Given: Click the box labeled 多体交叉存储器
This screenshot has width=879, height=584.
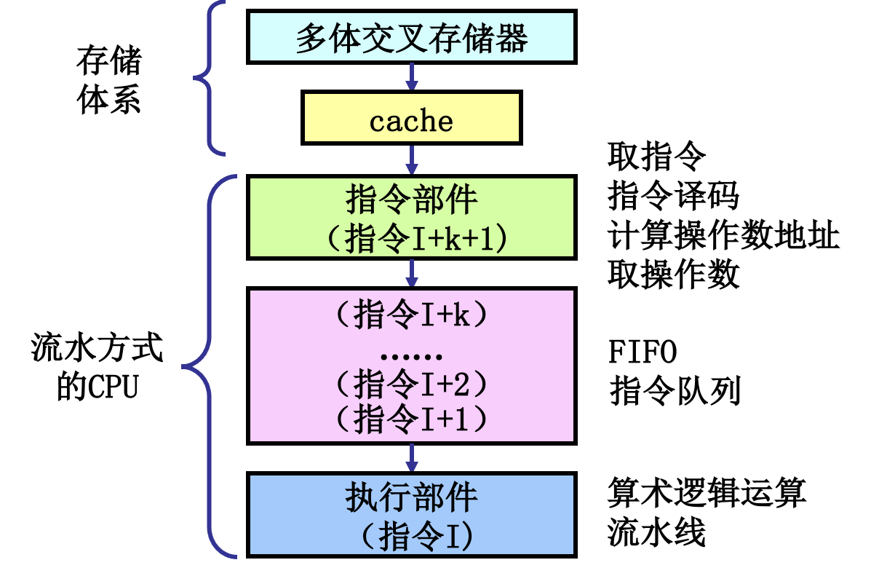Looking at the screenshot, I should (x=412, y=36).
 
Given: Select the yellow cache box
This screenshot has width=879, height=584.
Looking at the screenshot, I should (x=412, y=119).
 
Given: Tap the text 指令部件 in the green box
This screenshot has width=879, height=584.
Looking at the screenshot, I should (x=412, y=197).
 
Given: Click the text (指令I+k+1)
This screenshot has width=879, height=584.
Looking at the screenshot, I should (x=412, y=238).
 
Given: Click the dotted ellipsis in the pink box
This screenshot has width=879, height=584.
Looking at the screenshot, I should (x=412, y=356).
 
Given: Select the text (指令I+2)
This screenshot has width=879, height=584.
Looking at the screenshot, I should (x=412, y=382).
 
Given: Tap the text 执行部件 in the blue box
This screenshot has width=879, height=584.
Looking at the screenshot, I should (x=412, y=497).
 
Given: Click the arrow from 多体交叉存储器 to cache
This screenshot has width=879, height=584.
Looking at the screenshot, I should (x=412, y=76).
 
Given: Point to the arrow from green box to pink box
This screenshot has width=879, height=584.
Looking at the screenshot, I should (x=412, y=273).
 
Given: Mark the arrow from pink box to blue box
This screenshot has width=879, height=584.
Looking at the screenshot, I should (x=412, y=458).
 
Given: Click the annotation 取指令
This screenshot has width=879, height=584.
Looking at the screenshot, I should (x=656, y=154).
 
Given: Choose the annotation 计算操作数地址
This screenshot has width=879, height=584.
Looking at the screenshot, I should (x=723, y=235).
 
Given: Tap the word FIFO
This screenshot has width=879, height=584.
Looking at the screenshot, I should (x=643, y=352).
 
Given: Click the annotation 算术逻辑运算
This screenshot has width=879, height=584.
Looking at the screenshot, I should (x=707, y=494).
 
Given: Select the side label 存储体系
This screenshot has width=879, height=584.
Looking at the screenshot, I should (x=108, y=80).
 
